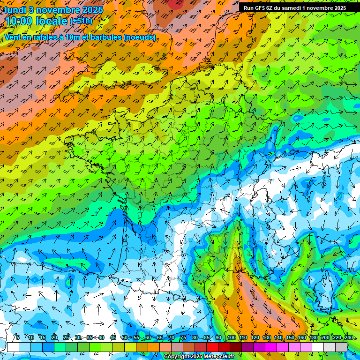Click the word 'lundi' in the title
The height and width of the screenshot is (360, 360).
coord(15,10)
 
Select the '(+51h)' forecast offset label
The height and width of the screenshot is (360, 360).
coord(81,22)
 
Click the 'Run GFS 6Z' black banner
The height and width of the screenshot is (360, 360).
coord(294,8)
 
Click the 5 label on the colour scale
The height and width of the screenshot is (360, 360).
coord(18,337)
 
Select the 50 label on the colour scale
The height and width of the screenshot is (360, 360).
coord(125,337)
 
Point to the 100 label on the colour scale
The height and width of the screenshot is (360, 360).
coord(231,337)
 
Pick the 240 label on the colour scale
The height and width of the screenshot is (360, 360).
coord(348,337)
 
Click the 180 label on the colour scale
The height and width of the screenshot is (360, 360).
coord(313,337)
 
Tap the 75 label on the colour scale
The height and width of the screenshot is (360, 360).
coord(183,337)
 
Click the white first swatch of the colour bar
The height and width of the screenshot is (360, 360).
coord(13,347)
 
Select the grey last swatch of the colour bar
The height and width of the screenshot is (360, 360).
coord(341,347)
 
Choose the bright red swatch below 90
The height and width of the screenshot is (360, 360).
coord(212,347)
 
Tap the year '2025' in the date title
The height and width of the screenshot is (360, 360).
coord(93,10)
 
